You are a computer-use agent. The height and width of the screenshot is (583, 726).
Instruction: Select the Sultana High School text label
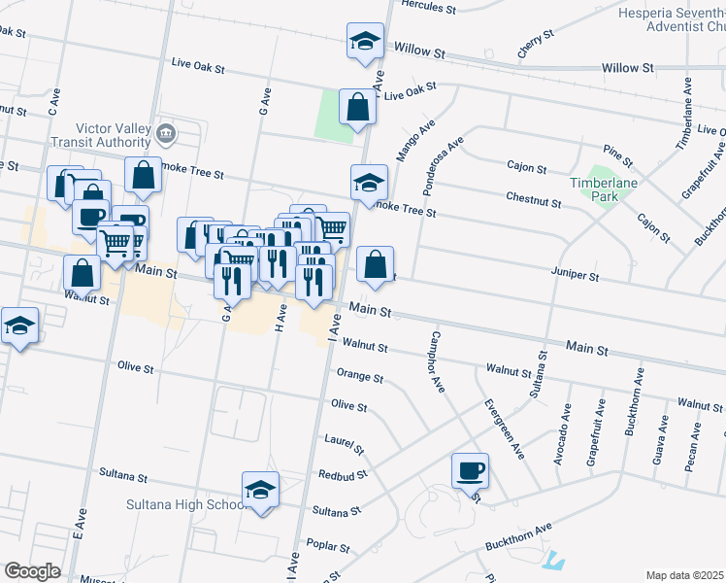[185, 504]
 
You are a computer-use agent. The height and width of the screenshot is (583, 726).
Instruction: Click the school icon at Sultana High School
[260, 492]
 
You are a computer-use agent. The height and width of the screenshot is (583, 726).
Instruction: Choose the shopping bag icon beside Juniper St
[376, 263]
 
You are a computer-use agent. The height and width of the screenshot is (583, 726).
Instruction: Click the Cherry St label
[535, 45]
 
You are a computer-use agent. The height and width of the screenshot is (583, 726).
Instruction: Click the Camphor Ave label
[433, 361]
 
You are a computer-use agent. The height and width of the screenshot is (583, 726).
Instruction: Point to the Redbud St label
[343, 476]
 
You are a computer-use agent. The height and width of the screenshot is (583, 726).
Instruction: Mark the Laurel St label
[345, 444]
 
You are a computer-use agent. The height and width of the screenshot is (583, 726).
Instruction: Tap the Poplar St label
[327, 547]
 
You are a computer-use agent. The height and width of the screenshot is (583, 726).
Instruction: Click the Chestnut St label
[534, 199]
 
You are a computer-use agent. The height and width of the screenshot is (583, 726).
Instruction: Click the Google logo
[32, 570]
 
